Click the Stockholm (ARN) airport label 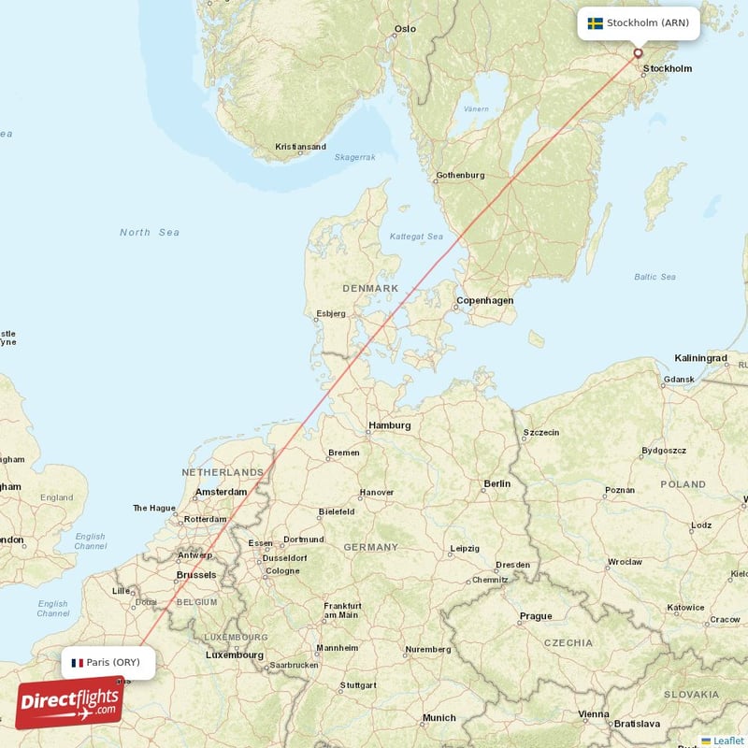[x=647, y=23]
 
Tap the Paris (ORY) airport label [x=112, y=662]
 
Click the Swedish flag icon [x=595, y=23]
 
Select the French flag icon [x=77, y=662]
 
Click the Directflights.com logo [x=69, y=702]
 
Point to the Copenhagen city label [x=484, y=301]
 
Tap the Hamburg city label [x=389, y=425]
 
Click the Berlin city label [x=496, y=483]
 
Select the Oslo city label [x=404, y=29]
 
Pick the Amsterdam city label [x=221, y=492]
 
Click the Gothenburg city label [x=460, y=176]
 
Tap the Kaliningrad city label [x=700, y=358]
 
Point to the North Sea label [x=149, y=232]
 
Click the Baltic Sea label [x=654, y=277]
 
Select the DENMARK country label [x=370, y=288]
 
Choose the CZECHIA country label [x=568, y=642]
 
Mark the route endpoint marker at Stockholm [x=639, y=53]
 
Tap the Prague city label [x=536, y=616]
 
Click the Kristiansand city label [x=300, y=147]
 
